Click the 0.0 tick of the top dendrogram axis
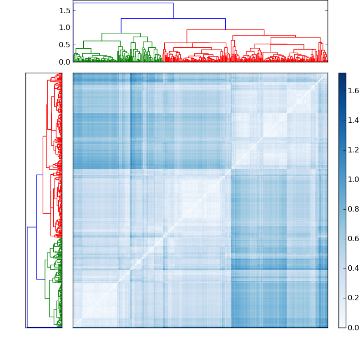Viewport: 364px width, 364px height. coord(65,62)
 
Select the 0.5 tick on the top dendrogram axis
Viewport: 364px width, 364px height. coord(65,45)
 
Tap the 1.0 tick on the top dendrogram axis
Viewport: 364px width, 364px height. coord(65,28)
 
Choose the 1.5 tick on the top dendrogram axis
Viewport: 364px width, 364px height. coord(65,10)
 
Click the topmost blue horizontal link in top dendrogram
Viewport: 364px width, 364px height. coord(123,3)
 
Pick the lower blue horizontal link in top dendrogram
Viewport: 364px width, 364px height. coord(173,19)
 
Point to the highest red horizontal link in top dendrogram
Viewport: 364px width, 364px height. coord(225,30)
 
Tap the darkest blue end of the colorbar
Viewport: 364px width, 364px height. coord(342,75)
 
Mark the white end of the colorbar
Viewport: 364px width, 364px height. coord(342,326)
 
